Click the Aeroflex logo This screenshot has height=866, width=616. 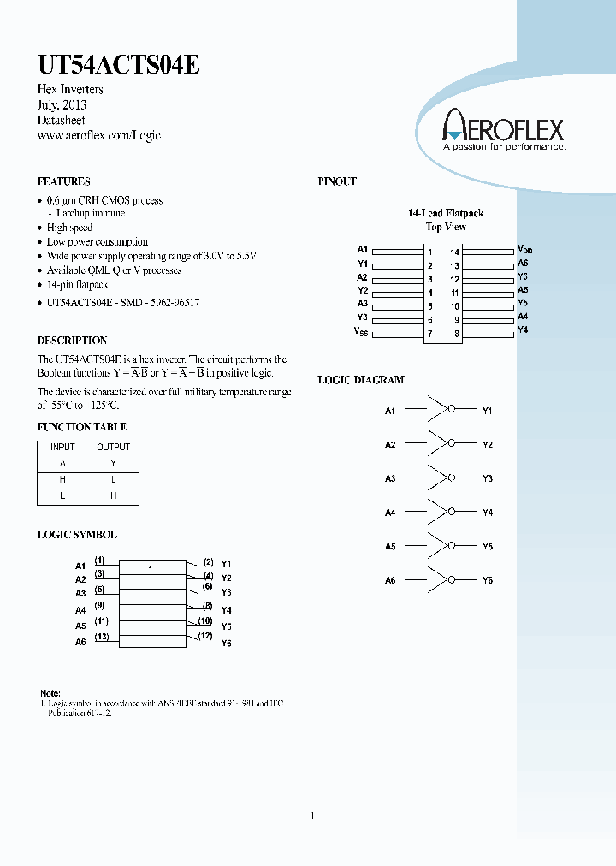pyautogui.click(x=502, y=132)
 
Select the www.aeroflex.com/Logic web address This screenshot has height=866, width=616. pyautogui.click(x=99, y=135)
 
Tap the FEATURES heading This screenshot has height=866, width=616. pyautogui.click(x=63, y=181)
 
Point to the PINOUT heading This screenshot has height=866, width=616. pyautogui.click(x=337, y=181)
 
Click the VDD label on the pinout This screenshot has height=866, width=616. pyautogui.click(x=524, y=250)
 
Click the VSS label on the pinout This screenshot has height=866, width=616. pyautogui.click(x=361, y=331)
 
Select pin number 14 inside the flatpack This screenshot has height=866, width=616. pyautogui.click(x=455, y=252)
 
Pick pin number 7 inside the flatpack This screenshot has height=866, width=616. pyautogui.click(x=430, y=334)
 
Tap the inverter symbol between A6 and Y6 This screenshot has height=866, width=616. pyautogui.click(x=442, y=579)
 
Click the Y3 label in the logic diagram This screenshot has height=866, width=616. pyautogui.click(x=488, y=478)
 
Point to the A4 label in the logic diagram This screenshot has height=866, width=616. pyautogui.click(x=390, y=513)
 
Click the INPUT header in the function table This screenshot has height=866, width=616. pyautogui.click(x=62, y=447)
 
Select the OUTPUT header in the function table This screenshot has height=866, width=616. pyautogui.click(x=113, y=447)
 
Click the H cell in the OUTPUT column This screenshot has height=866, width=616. pyautogui.click(x=113, y=495)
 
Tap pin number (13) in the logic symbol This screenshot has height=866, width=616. pyautogui.click(x=101, y=636)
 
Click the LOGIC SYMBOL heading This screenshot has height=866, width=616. pyautogui.click(x=77, y=534)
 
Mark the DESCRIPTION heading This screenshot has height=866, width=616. pyautogui.click(x=71, y=341)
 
